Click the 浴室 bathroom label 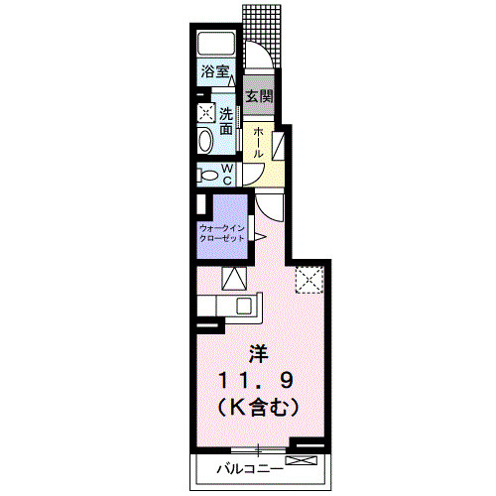click(215, 71)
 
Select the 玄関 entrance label click(259, 96)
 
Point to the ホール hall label click(258, 143)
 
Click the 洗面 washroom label click(226, 122)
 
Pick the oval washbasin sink click(205, 141)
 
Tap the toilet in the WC click(206, 175)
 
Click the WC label click(227, 175)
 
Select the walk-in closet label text click(222, 233)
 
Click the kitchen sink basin click(244, 306)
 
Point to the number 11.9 click(256, 381)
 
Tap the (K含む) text click(258, 408)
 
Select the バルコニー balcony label click(250, 469)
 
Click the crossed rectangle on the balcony click(302, 460)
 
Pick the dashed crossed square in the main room click(310, 280)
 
